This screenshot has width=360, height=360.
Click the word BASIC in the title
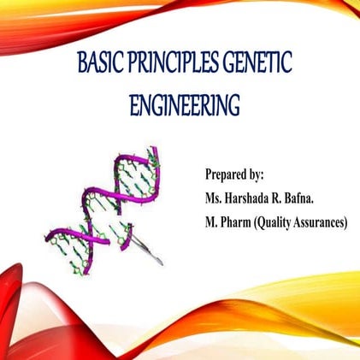click(97, 63)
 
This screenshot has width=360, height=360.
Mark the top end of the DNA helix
click(156, 152)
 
